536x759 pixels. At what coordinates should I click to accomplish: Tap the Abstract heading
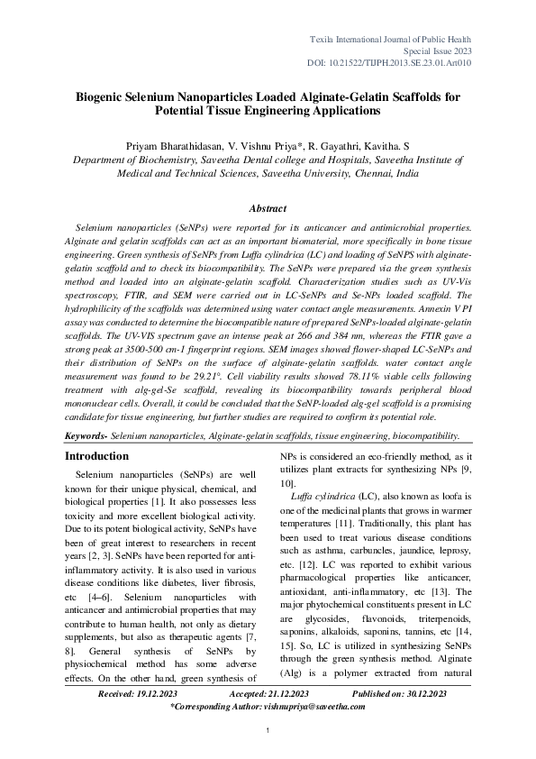coord(267,207)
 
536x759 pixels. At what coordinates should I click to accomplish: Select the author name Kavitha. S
coord(384,144)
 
